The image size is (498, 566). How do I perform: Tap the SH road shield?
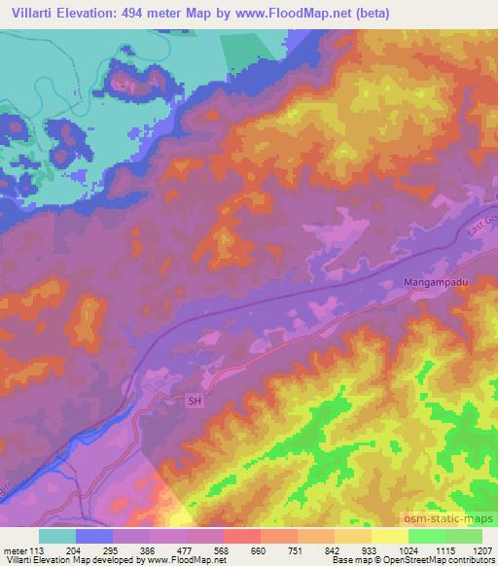click(193, 401)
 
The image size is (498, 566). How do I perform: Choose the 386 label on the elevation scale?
click(151, 549)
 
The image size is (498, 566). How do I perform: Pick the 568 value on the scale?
click(224, 549)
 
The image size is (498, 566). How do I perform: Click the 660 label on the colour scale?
click(261, 549)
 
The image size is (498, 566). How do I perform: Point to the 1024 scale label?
click(408, 549)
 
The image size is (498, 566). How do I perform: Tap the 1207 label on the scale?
click(481, 549)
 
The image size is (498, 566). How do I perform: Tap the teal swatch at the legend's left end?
click(57, 536)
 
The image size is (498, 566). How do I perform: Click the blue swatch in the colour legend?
click(94, 536)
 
